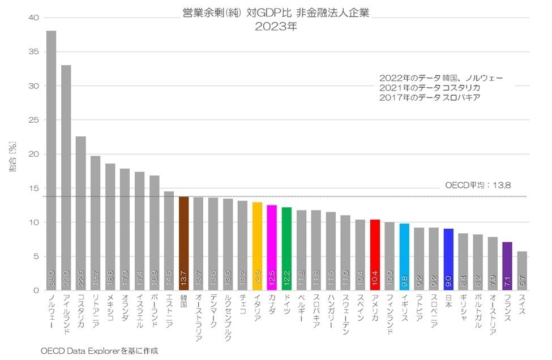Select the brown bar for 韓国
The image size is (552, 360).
coord(183,243)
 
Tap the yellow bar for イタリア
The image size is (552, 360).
coord(257,246)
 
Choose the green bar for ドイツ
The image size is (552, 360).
coord(286,248)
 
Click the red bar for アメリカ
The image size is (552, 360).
coord(375,255)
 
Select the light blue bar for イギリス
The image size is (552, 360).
coord(404,257)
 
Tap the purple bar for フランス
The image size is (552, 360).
coord(507,266)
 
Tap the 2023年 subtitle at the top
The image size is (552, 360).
coord(276,26)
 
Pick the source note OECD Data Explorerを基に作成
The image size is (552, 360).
coord(99,351)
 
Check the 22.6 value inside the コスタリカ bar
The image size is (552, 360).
coord(80,278)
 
